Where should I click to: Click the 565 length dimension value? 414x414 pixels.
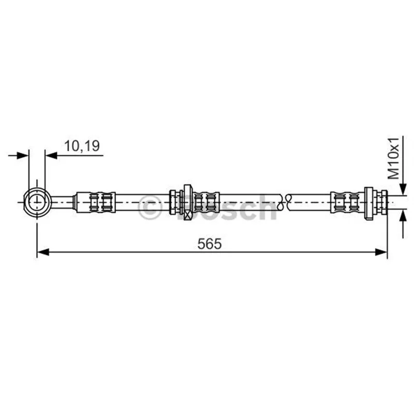[210, 244]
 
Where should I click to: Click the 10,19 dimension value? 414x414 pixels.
[82, 146]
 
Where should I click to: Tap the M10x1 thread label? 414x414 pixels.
[394, 158]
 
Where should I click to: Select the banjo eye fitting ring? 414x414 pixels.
[36, 202]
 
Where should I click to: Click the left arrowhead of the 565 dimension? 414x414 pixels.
[43, 252]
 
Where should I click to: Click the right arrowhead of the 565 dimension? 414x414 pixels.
[381, 252]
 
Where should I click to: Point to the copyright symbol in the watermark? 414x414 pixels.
[149, 208]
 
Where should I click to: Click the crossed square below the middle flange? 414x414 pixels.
[188, 215]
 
